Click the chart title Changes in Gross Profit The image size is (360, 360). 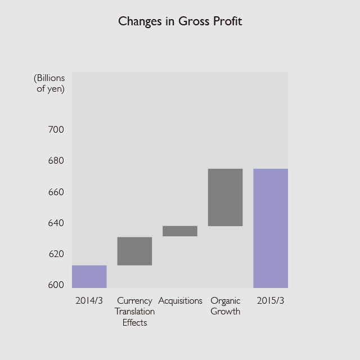[180, 21]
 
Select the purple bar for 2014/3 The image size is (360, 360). [89, 276]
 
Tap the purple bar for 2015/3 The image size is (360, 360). [271, 228]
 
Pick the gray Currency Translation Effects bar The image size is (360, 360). [134, 251]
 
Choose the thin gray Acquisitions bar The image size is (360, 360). [180, 231]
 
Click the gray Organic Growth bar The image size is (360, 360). [225, 197]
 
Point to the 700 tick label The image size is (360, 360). [56, 129]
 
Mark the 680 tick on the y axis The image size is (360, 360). [56, 161]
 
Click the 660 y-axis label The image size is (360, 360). [56, 192]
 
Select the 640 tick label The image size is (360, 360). [56, 223]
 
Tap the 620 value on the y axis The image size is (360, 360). [56, 254]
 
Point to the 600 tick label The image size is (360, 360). [56, 285]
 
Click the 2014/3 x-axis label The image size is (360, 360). [89, 301]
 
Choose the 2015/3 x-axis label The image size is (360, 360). [271, 301]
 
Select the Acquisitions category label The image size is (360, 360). [180, 301]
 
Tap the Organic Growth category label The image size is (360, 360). [225, 306]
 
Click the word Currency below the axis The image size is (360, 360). [134, 301]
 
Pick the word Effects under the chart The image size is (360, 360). [134, 322]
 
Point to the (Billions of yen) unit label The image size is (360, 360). [49, 83]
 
